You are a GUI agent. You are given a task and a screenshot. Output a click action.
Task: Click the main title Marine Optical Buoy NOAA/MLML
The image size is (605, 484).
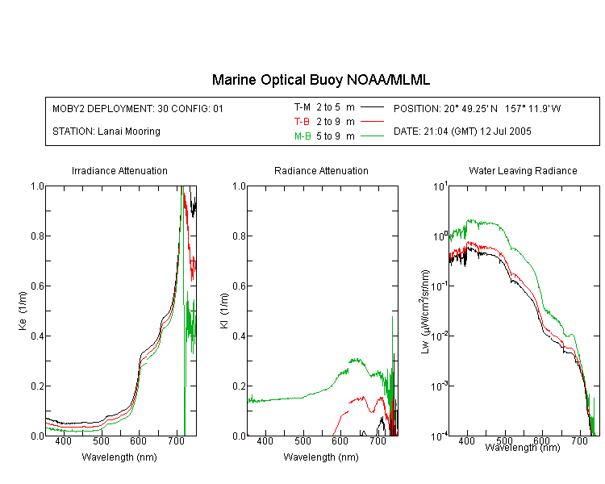pyautogui.click(x=320, y=80)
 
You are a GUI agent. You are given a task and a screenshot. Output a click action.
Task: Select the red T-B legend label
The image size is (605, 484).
pyautogui.click(x=302, y=122)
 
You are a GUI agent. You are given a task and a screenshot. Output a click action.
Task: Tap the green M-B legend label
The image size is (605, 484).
pyautogui.click(x=302, y=136)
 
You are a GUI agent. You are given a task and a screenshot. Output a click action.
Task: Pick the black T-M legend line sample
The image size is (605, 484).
pyautogui.click(x=372, y=107)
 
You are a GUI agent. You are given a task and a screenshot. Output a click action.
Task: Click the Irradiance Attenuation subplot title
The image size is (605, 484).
pyautogui.click(x=119, y=170)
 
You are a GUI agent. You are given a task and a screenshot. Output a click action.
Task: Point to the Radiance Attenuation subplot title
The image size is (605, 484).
pyautogui.click(x=321, y=170)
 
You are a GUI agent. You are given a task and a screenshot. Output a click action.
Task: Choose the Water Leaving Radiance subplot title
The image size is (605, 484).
pyautogui.click(x=523, y=170)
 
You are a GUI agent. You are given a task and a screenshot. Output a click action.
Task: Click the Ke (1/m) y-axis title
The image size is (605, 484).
pyautogui.click(x=23, y=311)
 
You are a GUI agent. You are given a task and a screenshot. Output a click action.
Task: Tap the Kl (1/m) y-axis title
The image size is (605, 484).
pyautogui.click(x=224, y=311)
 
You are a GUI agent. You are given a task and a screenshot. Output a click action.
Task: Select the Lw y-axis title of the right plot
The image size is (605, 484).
pyautogui.click(x=425, y=311)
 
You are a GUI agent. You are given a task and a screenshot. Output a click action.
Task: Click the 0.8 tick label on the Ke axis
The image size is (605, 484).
pyautogui.click(x=37, y=236)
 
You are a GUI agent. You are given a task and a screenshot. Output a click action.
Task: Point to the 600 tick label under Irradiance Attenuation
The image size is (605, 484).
pyautogui.click(x=139, y=440)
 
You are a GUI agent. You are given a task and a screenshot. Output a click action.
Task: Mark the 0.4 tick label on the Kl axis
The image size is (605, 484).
pyautogui.click(x=240, y=336)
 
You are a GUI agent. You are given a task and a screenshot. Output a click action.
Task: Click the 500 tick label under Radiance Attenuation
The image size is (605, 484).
pyautogui.click(x=302, y=440)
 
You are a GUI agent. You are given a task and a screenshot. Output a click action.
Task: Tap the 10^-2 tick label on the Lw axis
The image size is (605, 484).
pyautogui.click(x=440, y=336)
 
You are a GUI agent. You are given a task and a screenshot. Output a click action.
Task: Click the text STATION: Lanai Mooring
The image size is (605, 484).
pyautogui.click(x=106, y=131)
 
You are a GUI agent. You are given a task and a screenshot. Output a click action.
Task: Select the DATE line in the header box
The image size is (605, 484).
pyautogui.click(x=462, y=131)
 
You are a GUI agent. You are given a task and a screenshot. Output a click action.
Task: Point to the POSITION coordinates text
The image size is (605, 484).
pyautogui.click(x=478, y=108)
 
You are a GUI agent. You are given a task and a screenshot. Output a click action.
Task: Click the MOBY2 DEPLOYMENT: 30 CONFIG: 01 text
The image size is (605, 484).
pyautogui.click(x=138, y=108)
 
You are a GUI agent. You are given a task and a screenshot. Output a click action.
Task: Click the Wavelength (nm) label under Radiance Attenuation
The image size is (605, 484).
pyautogui.click(x=321, y=457)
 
